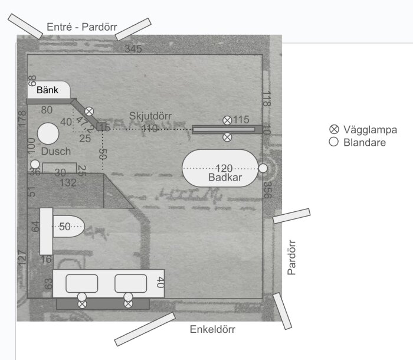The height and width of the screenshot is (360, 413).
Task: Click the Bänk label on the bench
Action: pos(47,91)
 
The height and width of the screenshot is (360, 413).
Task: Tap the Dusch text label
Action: pos(56,152)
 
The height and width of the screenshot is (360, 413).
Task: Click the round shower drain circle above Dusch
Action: pos(46,133)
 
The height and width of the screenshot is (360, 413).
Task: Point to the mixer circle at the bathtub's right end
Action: pos(263,168)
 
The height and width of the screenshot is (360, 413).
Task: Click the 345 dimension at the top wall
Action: pos(133,49)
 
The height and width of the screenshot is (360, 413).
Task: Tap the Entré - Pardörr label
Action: pos(82,27)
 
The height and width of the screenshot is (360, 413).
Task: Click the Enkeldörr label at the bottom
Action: pos(212,329)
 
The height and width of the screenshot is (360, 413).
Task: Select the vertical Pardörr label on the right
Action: pos(291,257)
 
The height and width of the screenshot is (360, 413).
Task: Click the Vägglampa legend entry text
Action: pos(371,130)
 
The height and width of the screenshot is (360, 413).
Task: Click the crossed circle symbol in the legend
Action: pos(334,130)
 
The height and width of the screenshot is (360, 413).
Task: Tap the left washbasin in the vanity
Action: pos(81,283)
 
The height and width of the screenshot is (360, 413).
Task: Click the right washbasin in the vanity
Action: pos(130,283)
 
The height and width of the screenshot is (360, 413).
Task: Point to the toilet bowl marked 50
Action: pos(68,226)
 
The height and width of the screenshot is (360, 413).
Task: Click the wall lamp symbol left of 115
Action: pos(227,120)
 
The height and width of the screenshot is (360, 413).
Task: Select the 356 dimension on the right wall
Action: pos(267,190)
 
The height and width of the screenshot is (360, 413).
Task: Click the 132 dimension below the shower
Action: pos(68,183)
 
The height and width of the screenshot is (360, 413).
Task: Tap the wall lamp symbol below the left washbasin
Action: pos(82,304)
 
